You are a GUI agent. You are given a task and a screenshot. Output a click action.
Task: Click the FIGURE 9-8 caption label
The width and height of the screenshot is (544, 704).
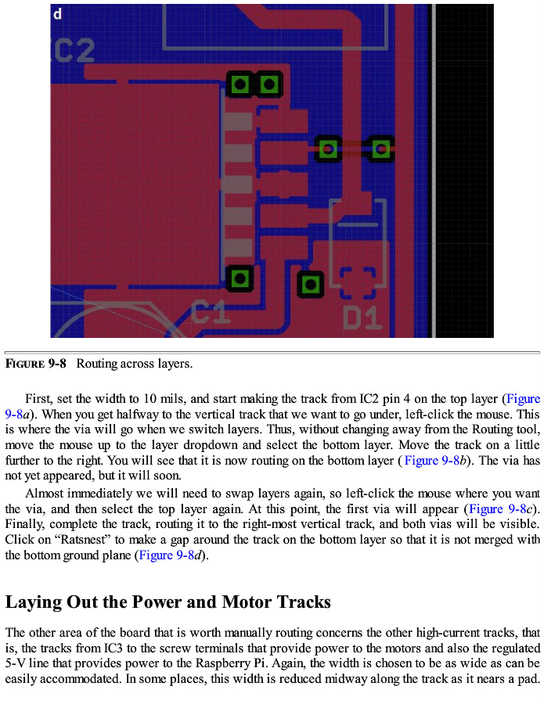[x=36, y=364]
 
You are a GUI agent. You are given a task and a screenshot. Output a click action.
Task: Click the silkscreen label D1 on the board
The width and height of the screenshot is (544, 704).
[x=362, y=318]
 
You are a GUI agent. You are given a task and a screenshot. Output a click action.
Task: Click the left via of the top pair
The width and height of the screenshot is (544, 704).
[x=240, y=84]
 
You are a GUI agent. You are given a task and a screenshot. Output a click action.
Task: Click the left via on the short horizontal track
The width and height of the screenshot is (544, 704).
[x=328, y=148]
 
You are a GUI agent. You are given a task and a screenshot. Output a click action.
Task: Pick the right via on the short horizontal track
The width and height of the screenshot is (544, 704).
[x=381, y=148]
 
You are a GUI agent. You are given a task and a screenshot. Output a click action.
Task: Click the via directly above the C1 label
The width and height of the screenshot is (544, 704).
[x=240, y=278]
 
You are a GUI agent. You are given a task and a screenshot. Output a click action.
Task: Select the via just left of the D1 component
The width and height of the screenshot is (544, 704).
[x=311, y=284]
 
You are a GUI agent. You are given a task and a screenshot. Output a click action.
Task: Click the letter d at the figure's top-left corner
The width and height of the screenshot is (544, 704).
[x=58, y=13]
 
